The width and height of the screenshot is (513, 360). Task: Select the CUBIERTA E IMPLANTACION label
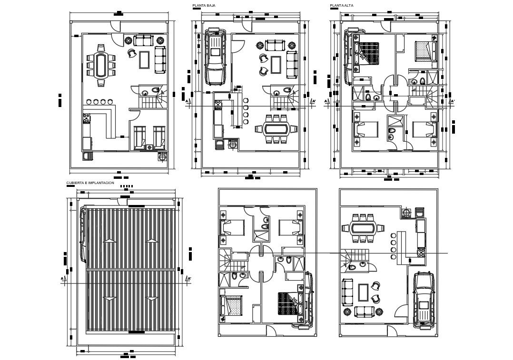pyautogui.click(x=90, y=183)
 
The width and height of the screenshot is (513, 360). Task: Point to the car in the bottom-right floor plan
pyautogui.click(x=424, y=300)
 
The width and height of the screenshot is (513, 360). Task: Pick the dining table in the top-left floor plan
pyautogui.click(x=101, y=65)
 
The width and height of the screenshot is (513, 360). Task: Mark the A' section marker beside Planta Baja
pyautogui.click(x=313, y=101)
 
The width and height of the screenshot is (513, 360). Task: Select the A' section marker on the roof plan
pyautogui.click(x=188, y=279)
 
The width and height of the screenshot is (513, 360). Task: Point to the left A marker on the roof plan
pyautogui.click(x=62, y=279)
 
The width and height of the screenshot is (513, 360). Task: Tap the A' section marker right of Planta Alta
pyautogui.click(x=452, y=101)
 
